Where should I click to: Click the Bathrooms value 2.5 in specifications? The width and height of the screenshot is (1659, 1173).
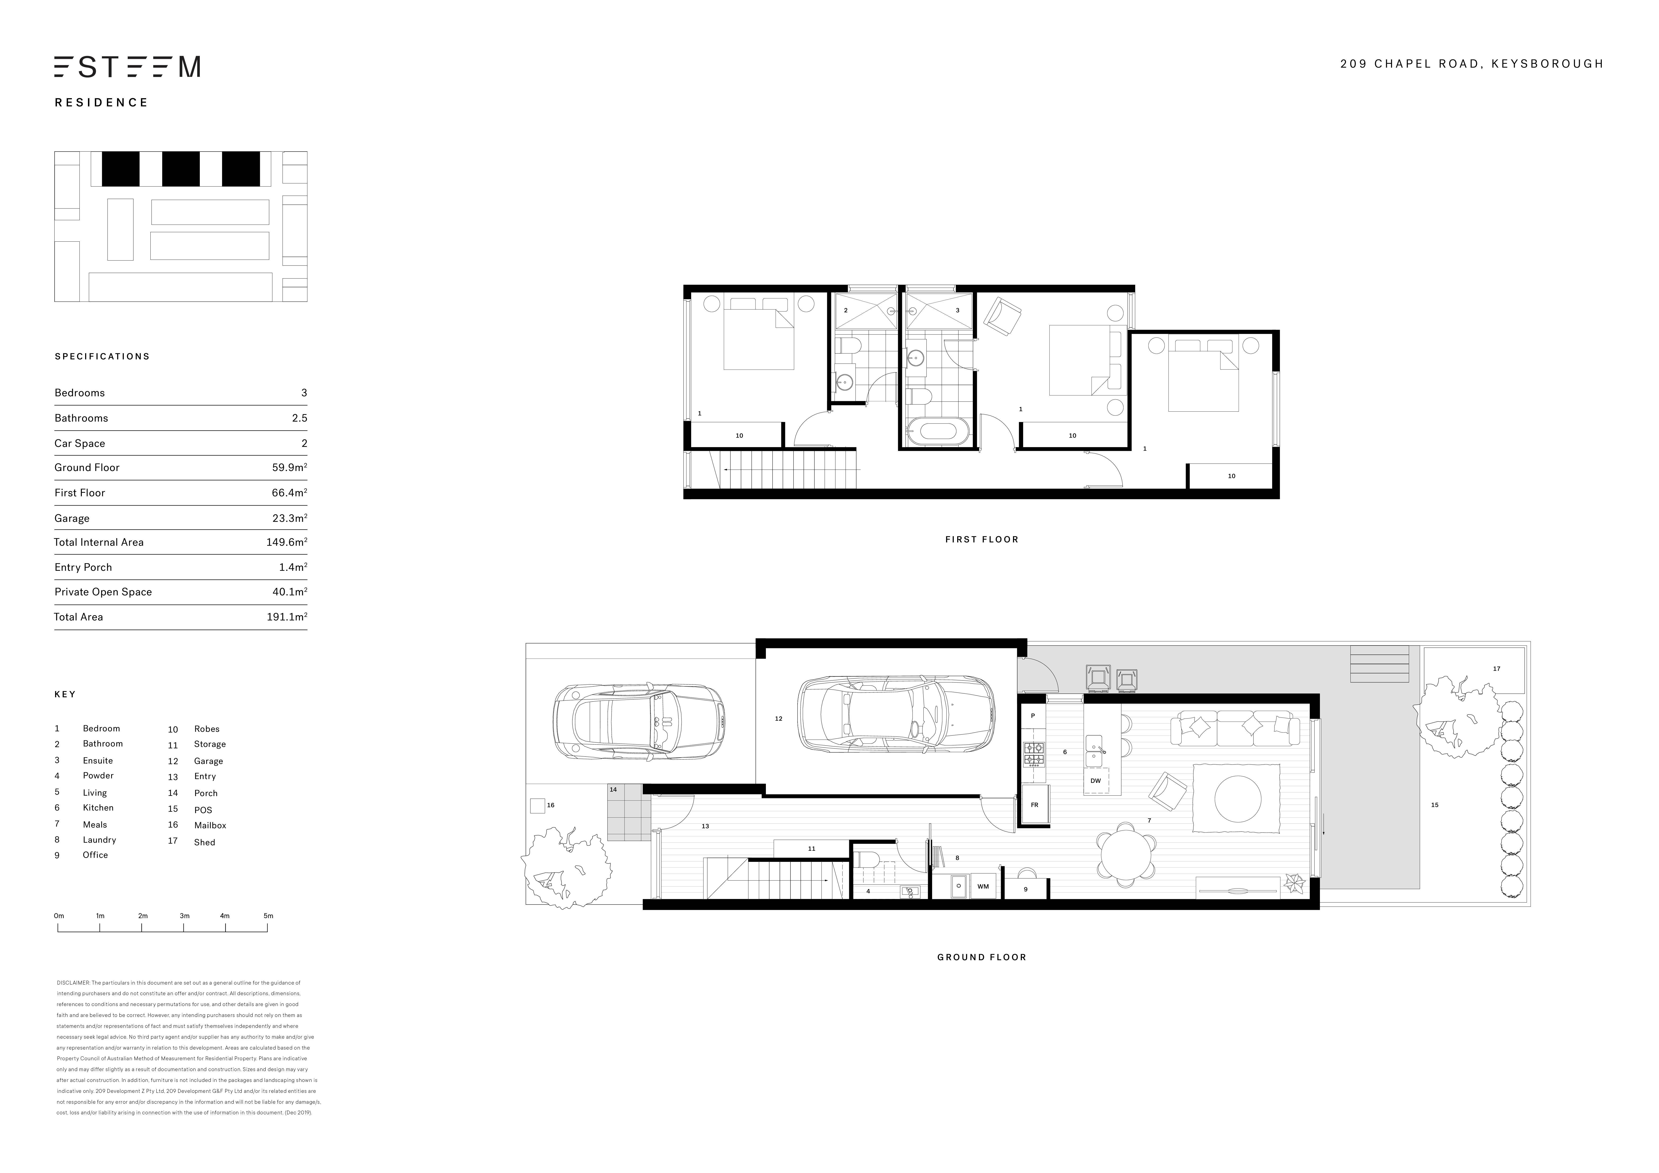[x=299, y=418]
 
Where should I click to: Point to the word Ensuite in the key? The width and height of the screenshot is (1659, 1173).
[x=98, y=760]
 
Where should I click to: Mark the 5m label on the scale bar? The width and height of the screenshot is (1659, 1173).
[x=268, y=916]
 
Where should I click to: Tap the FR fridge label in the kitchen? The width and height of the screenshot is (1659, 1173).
[x=1034, y=804]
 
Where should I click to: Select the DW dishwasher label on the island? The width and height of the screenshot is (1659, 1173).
[x=1096, y=781]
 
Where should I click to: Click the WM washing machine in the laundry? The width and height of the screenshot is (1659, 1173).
[x=983, y=886]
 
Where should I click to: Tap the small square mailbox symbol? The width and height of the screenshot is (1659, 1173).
[x=537, y=805]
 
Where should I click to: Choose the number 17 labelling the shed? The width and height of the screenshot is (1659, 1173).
[x=1496, y=668]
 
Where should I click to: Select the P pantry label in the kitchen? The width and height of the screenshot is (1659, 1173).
[x=1033, y=715]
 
